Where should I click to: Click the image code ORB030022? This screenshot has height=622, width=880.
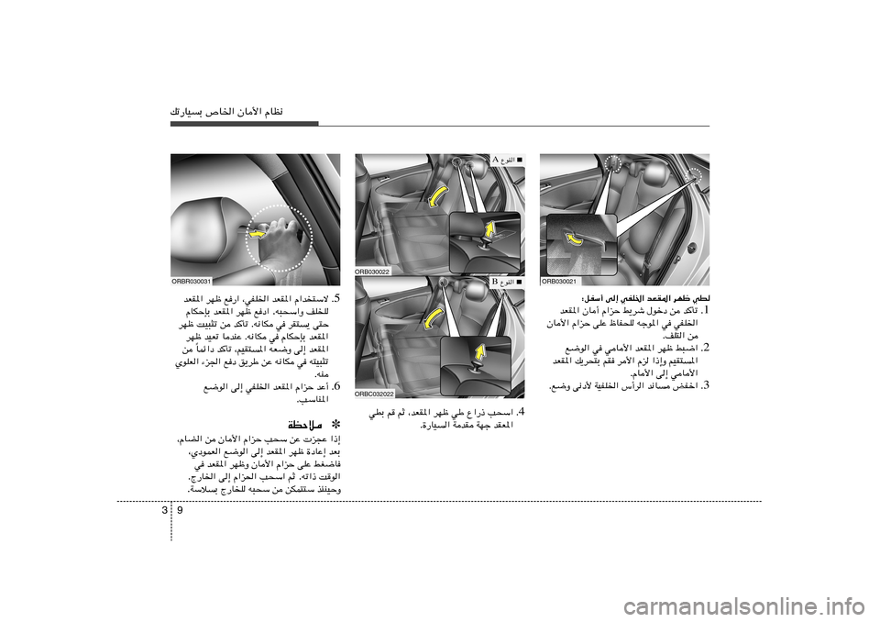[373, 272]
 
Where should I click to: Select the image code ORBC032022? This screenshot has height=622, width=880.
[375, 393]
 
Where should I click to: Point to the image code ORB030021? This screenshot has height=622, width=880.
[559, 281]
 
